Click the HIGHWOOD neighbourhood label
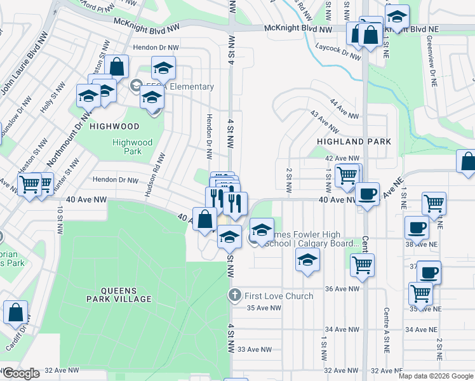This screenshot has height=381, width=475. (114, 126)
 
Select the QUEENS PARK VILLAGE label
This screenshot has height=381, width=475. (119, 298)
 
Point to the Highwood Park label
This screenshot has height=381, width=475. (133, 147)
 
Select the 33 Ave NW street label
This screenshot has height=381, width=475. (250, 350)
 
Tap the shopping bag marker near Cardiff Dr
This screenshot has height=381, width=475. (16, 312)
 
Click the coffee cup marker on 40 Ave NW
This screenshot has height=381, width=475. (366, 194)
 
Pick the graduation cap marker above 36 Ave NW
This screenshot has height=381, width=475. (307, 260)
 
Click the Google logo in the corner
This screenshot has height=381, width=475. (21, 373)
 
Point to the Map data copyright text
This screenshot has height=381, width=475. (435, 376)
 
